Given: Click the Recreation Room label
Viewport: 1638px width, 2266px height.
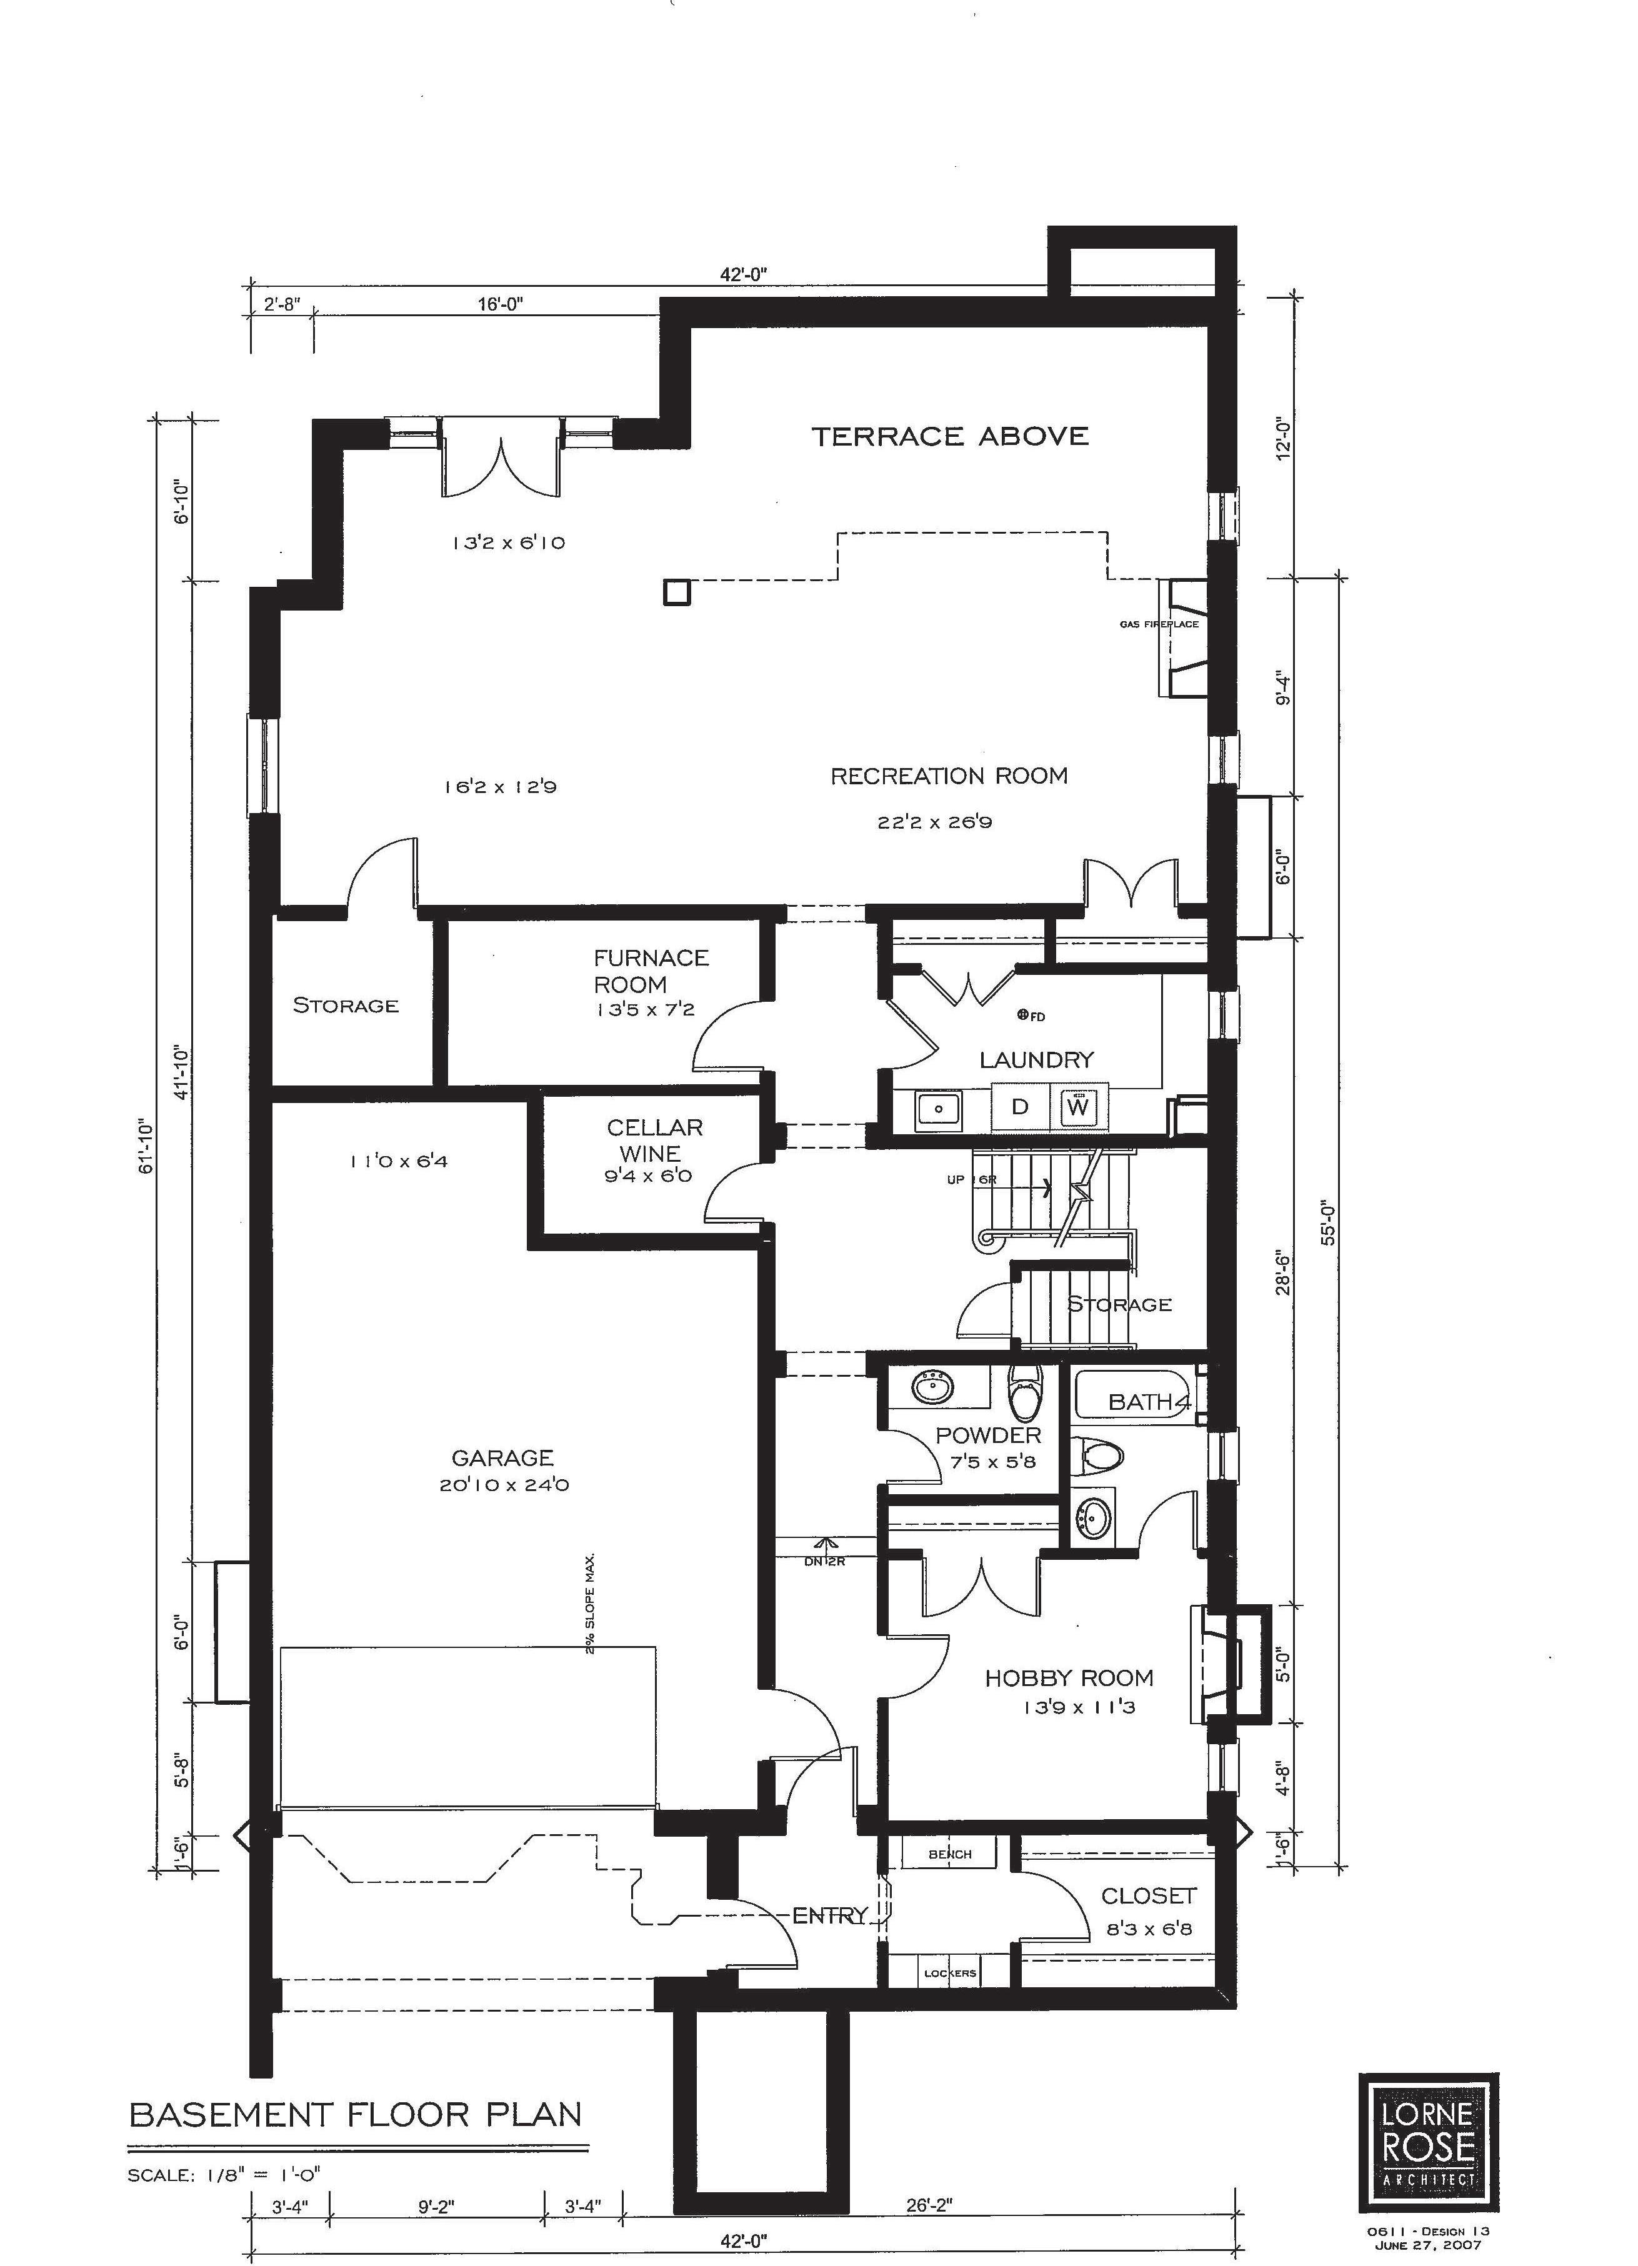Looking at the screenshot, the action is [x=949, y=776].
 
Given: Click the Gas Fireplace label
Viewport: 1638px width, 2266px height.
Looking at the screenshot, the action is [x=1159, y=624].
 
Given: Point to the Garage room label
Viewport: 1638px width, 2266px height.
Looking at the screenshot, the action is [x=502, y=1458].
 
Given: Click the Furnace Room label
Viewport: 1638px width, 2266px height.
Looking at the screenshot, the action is [x=651, y=970].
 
